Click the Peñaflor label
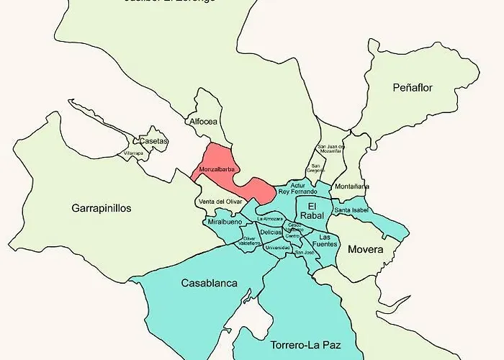pyautogui.click(x=413, y=88)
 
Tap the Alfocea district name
pyautogui.click(x=202, y=122)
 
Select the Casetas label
pyautogui.click(x=155, y=141)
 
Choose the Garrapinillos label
pyautogui.click(x=102, y=208)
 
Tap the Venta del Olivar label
pyautogui.click(x=220, y=202)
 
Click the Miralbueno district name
pyautogui.click(x=225, y=222)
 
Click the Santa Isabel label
pyautogui.click(x=351, y=210)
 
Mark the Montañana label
pyautogui.click(x=352, y=186)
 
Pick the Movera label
pyautogui.click(x=365, y=250)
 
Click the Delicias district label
pyautogui.click(x=271, y=232)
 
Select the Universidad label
pyautogui.click(x=278, y=248)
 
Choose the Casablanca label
pyautogui.click(x=210, y=283)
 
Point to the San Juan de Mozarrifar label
pyautogui.click(x=331, y=149)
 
